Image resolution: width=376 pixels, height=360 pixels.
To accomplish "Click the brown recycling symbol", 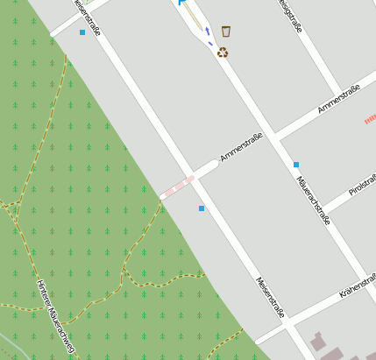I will [223, 53].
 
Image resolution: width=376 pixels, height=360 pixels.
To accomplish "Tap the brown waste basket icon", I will [226, 32].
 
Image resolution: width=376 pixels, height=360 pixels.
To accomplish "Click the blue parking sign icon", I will [182, 3].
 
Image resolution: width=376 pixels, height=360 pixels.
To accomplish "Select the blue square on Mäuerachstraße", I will [296, 165].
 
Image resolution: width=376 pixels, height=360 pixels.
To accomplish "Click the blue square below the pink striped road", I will [202, 208].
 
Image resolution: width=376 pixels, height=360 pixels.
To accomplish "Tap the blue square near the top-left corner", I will [82, 32].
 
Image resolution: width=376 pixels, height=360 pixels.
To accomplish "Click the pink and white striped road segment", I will [177, 186].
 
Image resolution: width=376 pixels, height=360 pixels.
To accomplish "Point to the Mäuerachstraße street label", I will [313, 200].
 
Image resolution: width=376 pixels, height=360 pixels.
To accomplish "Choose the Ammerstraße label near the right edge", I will [340, 97].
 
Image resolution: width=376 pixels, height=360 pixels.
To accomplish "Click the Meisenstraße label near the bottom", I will [270, 298].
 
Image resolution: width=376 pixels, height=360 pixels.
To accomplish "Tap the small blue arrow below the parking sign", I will [208, 32].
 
